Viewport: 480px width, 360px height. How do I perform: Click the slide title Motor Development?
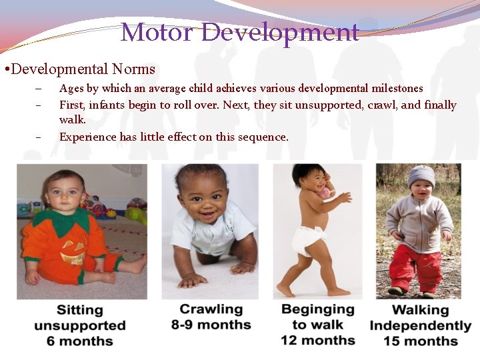click(x=240, y=31)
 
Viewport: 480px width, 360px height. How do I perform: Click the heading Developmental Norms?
click(x=83, y=69)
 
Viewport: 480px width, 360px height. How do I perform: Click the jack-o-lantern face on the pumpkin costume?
click(x=73, y=251)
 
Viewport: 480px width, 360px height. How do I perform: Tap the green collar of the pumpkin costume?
click(x=62, y=219)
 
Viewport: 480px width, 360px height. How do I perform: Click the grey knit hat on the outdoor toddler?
click(x=421, y=176)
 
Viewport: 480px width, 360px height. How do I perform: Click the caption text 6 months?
click(x=79, y=341)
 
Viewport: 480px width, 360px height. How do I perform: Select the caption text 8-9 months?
click(x=211, y=325)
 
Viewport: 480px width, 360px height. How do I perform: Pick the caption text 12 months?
click(x=317, y=340)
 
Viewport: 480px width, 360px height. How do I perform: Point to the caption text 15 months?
click(x=421, y=341)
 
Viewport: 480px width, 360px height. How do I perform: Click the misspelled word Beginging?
click(x=317, y=309)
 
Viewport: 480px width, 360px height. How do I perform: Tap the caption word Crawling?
click(x=211, y=309)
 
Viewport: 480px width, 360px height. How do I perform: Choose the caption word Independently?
click(x=421, y=325)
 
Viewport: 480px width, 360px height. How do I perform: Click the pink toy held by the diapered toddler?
click(x=324, y=192)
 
